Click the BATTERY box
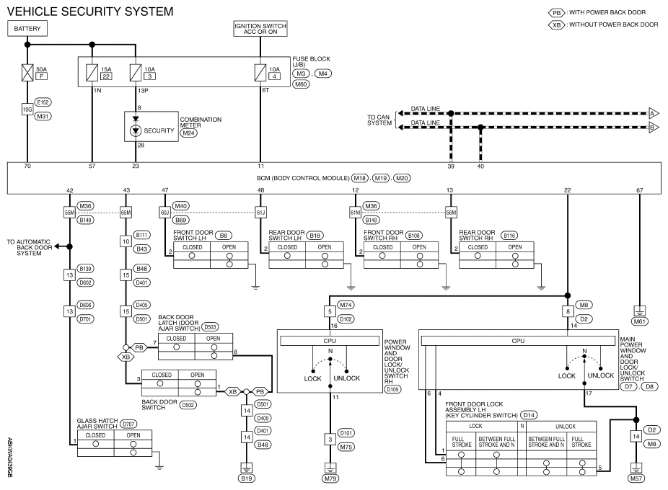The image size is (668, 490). tap(27, 29)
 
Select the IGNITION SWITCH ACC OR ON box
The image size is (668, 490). tap(260, 29)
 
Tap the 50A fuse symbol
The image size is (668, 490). tap(27, 72)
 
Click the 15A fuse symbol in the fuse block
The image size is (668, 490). tap(92, 72)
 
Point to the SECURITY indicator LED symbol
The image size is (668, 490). tap(136, 130)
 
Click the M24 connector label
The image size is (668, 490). tap(188, 133)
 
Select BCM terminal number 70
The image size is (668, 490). tap(27, 166)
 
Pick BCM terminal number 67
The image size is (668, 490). tap(639, 190)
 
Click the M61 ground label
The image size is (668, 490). tap(639, 321)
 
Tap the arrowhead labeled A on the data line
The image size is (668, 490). tap(654, 113)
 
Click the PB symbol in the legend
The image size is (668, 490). tap(556, 13)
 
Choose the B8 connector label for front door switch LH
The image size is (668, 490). tap(223, 236)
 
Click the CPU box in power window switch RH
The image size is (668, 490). tap(330, 341)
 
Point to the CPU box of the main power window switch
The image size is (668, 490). tap(518, 341)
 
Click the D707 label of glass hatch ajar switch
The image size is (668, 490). tap(128, 424)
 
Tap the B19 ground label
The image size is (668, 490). tap(246, 478)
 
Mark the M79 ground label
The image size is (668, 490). tap(330, 478)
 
